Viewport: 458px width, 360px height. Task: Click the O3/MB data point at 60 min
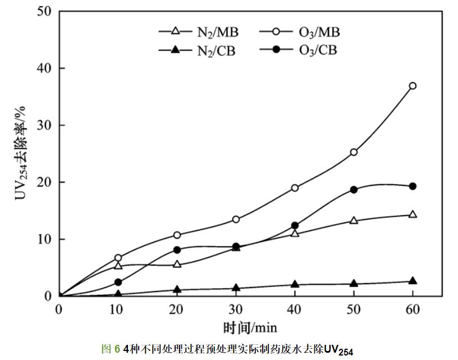tap(413, 86)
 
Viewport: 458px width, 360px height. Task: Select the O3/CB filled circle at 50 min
tap(354, 189)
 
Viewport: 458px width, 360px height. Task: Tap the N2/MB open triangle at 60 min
tap(413, 214)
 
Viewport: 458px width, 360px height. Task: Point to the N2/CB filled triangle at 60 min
tap(413, 281)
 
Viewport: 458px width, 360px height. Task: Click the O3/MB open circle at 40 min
tap(295, 188)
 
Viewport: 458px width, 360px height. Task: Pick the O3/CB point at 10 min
tap(118, 282)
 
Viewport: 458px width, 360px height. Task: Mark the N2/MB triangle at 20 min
tap(177, 264)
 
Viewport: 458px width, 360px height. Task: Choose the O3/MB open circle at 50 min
tap(354, 152)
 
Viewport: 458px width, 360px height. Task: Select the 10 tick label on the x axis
tap(118, 309)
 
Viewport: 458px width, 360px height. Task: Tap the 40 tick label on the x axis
tap(295, 309)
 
